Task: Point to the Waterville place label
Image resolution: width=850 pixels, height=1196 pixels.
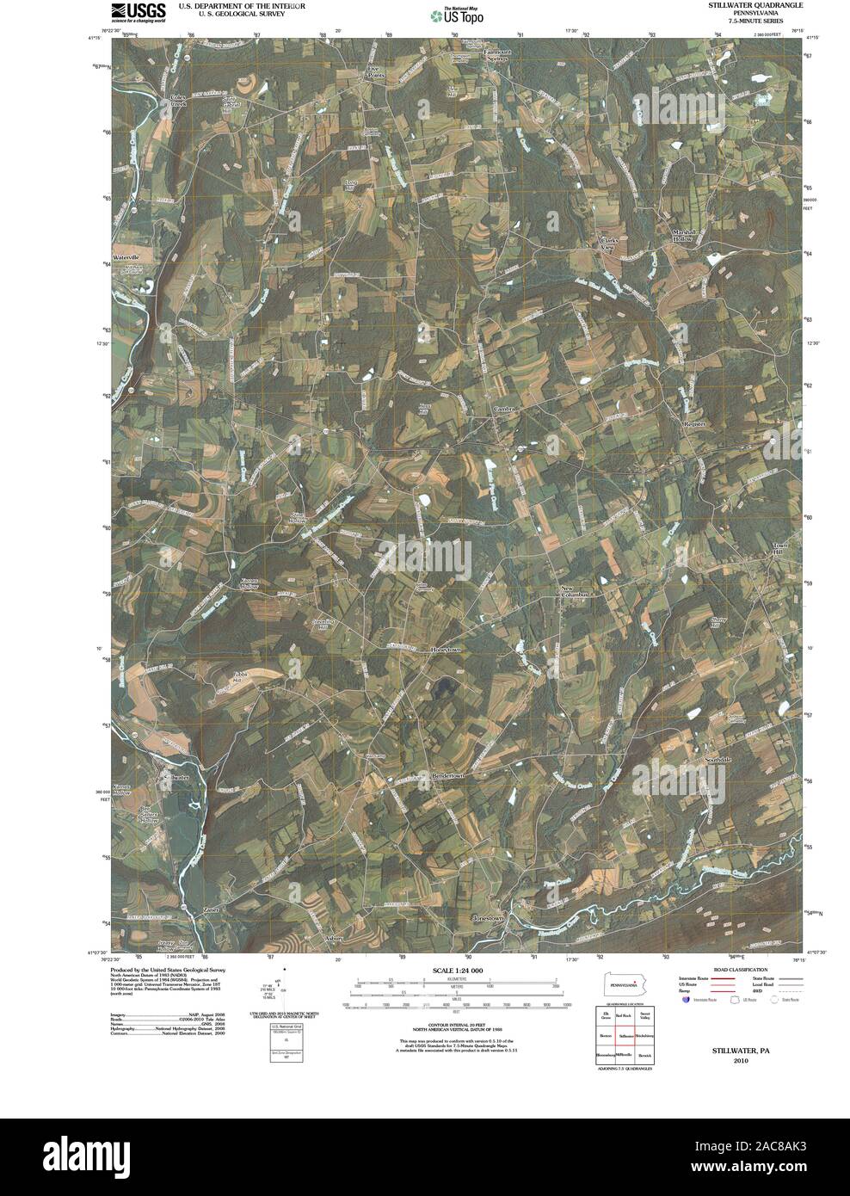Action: click(125, 257)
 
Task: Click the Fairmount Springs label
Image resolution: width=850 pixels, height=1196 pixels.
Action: click(496, 55)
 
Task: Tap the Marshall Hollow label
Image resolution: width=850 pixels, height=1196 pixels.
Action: click(688, 235)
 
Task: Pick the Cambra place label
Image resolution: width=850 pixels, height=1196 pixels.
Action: click(505, 410)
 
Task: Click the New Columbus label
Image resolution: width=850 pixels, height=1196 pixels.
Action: click(573, 592)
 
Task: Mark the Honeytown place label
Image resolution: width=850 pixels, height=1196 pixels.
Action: click(446, 650)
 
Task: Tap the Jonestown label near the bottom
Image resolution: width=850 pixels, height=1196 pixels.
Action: click(488, 918)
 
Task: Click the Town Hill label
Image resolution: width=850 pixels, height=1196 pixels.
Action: click(779, 549)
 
